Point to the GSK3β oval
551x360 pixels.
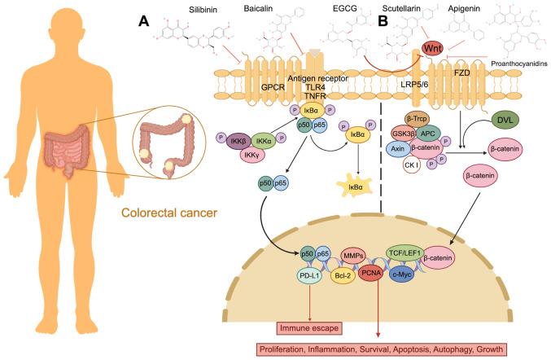[430, 134]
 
